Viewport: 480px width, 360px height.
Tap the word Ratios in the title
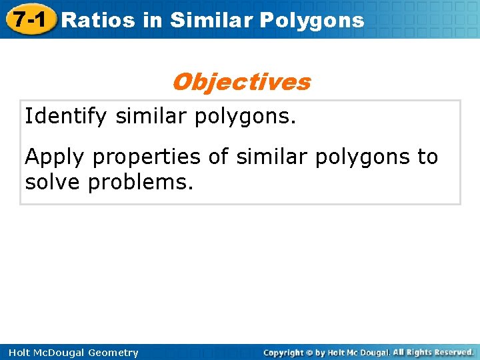(98, 20)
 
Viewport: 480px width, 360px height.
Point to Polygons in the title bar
(312, 20)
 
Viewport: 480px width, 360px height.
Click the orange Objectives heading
(241, 82)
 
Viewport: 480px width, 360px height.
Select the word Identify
(66, 117)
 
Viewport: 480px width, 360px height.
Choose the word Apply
(55, 157)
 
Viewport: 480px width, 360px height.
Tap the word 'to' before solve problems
(427, 157)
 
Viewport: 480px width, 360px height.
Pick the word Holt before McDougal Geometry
(19, 353)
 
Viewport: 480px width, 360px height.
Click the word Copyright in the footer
(285, 353)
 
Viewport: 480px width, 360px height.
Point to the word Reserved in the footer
(453, 352)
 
